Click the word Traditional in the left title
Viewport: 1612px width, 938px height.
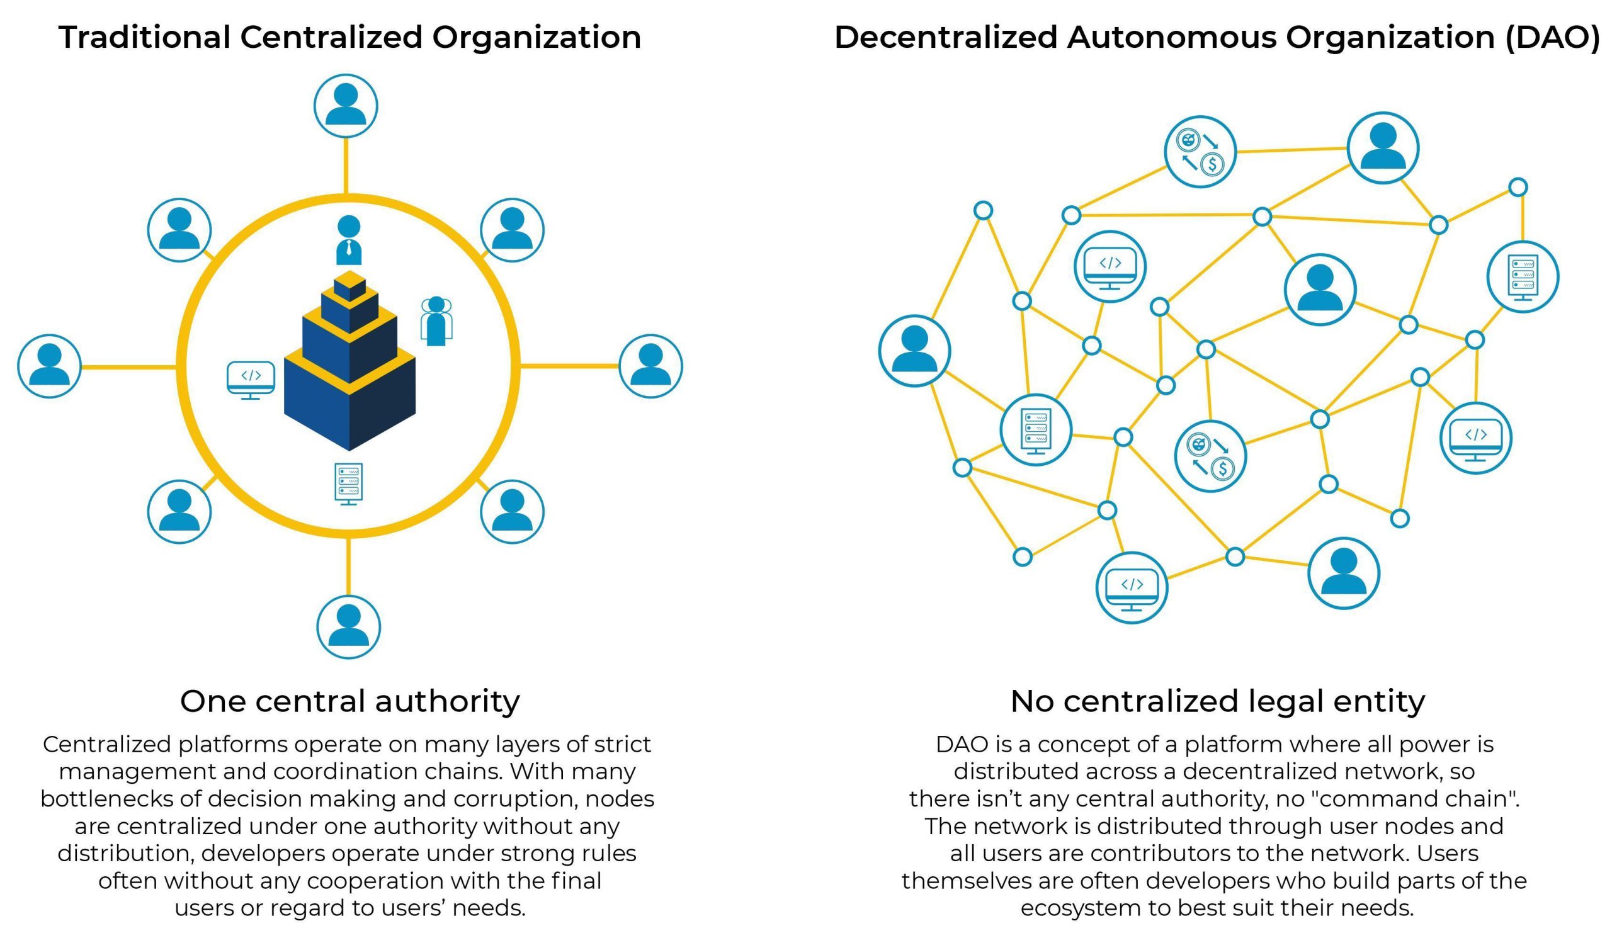(144, 37)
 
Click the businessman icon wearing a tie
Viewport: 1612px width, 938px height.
(349, 240)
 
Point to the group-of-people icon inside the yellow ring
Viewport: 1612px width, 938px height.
(436, 321)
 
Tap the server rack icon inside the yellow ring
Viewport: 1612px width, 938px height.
(349, 483)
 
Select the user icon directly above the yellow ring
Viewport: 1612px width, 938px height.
(346, 106)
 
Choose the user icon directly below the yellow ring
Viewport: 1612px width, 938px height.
(349, 626)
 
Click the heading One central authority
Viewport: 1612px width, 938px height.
(350, 701)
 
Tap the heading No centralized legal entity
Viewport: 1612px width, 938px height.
(1217, 701)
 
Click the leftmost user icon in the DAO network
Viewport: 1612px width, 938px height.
(914, 351)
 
